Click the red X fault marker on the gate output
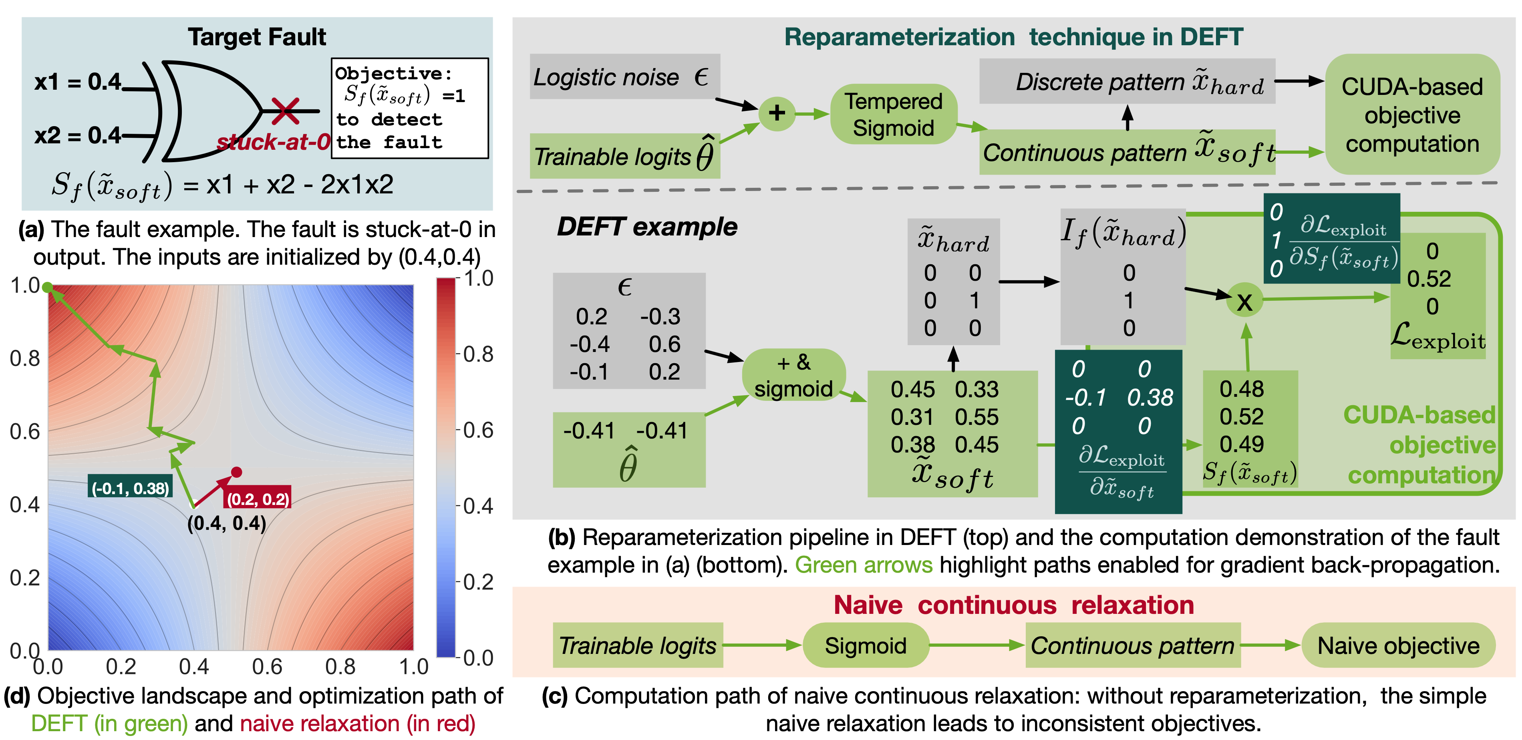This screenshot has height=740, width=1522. coord(285,111)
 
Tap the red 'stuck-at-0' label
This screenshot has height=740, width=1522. coord(273,142)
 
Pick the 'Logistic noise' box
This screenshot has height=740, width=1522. coord(624,77)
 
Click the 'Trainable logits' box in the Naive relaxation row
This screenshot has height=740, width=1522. coord(638,645)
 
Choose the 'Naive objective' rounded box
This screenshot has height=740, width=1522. coord(1398,645)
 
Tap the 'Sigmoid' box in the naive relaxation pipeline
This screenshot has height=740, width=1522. coord(865,645)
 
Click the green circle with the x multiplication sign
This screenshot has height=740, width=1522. coord(1244,301)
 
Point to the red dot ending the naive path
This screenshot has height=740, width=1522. coord(236,472)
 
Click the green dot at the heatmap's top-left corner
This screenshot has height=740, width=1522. coord(47,287)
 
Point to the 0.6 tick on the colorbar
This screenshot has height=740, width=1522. coord(478,430)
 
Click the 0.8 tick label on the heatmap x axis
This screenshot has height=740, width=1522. coord(340,667)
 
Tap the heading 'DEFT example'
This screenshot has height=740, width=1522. coord(646,227)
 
